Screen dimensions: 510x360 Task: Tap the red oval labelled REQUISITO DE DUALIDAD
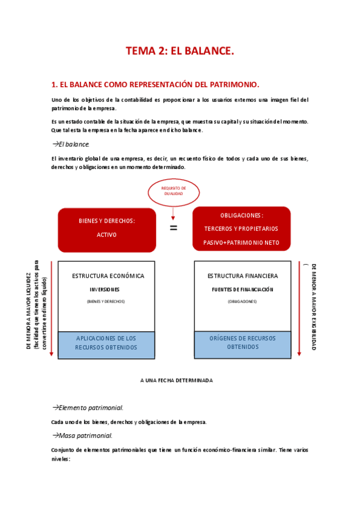[174, 191]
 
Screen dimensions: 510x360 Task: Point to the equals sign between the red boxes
[173, 228]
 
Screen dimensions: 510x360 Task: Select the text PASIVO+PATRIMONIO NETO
[241, 242]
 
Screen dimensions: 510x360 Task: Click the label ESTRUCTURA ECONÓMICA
[108, 276]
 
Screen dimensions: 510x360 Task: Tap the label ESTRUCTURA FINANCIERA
[242, 276]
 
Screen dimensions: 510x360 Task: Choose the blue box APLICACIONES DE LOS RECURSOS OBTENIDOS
[106, 343]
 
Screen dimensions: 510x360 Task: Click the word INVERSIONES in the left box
[106, 289]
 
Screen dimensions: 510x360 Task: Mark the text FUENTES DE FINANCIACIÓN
[242, 289]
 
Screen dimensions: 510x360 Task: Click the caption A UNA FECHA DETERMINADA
[176, 381]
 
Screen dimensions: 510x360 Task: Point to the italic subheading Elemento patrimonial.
[90, 408]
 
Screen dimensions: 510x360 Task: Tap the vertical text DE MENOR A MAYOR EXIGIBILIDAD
[313, 307]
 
